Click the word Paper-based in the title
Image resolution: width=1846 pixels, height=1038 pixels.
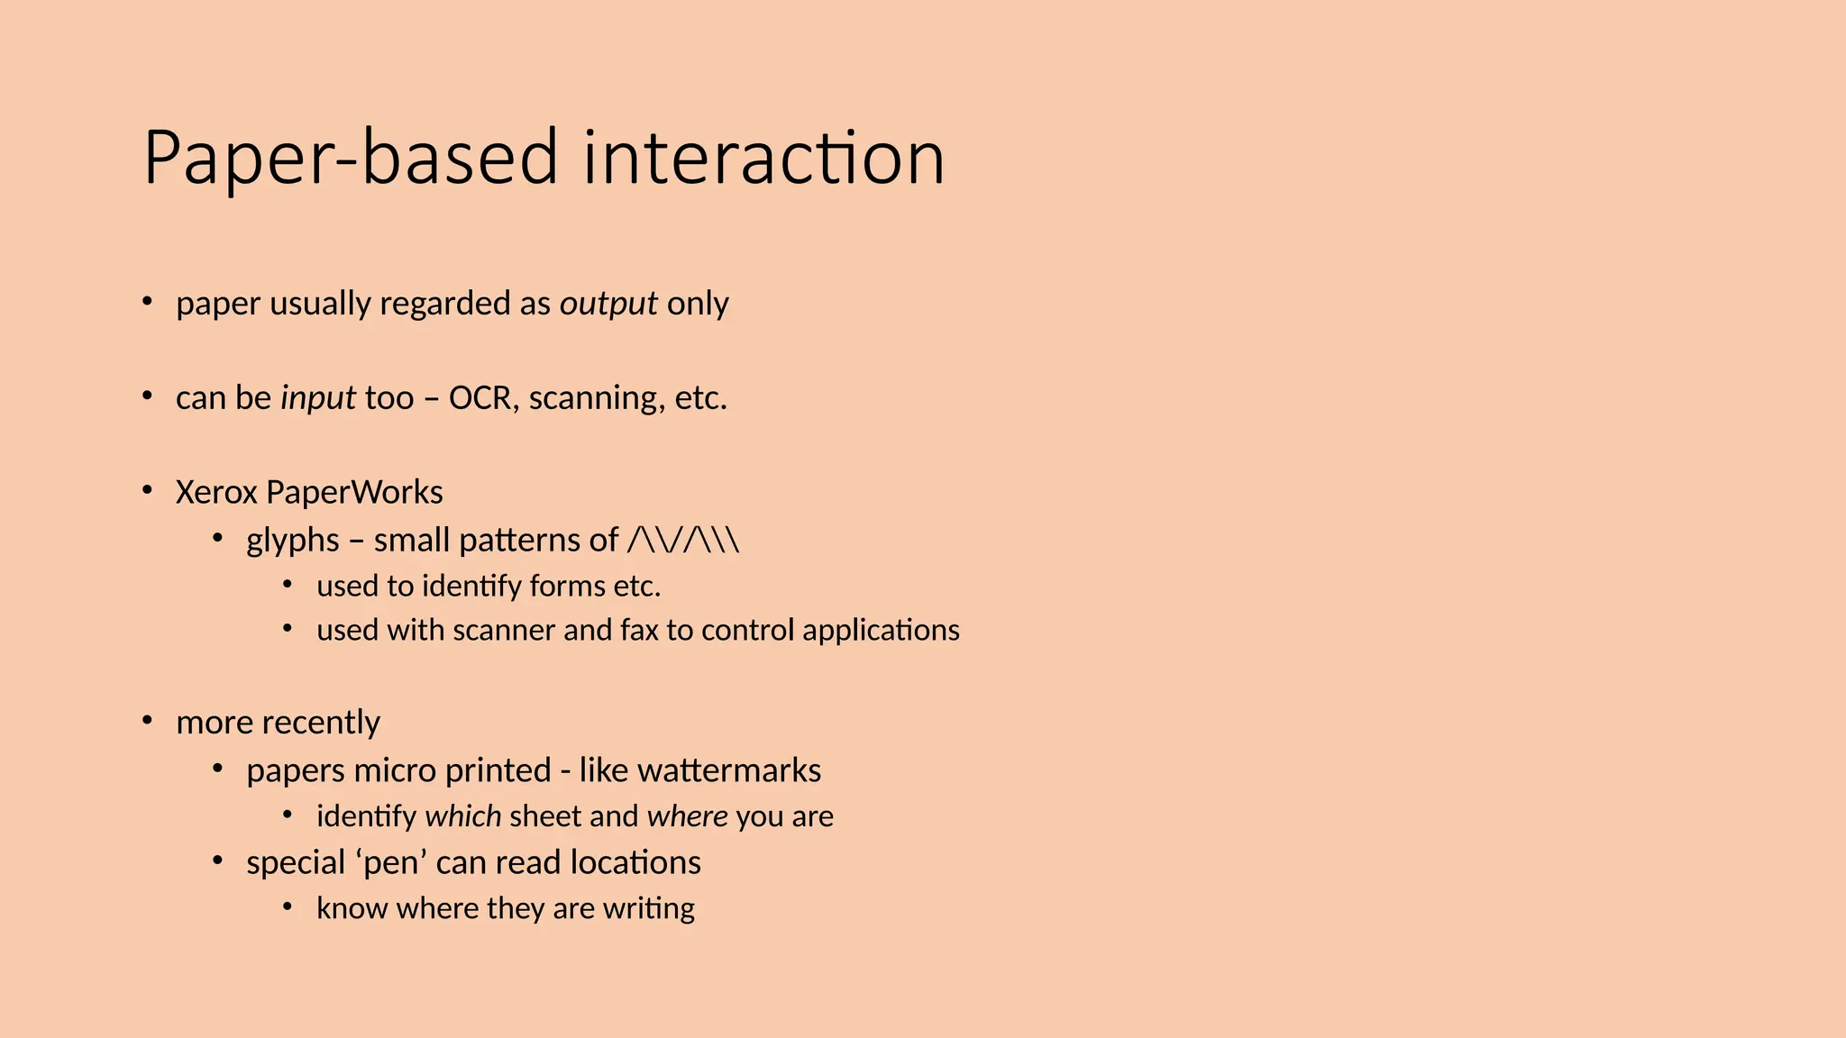(x=351, y=159)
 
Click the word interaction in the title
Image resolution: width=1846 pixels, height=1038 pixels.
(x=763, y=159)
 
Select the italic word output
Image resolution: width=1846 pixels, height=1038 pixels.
(x=608, y=305)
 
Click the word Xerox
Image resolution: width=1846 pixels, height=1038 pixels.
(x=216, y=493)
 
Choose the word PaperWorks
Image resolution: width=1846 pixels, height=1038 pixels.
(x=354, y=493)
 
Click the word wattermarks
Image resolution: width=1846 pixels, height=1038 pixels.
(x=729, y=771)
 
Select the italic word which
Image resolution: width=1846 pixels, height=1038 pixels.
(x=463, y=816)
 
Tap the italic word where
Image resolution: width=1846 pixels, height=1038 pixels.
(x=688, y=816)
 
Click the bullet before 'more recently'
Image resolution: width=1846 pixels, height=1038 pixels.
(x=148, y=721)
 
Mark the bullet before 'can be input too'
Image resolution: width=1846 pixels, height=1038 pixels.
(x=148, y=396)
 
